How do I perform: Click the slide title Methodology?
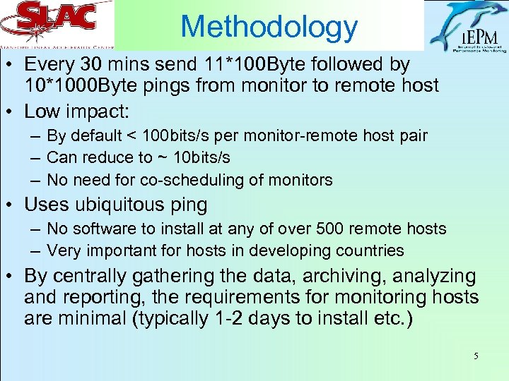point(269,27)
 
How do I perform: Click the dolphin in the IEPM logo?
point(460,21)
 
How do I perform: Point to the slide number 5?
point(476,356)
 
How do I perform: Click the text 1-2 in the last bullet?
point(228,320)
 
